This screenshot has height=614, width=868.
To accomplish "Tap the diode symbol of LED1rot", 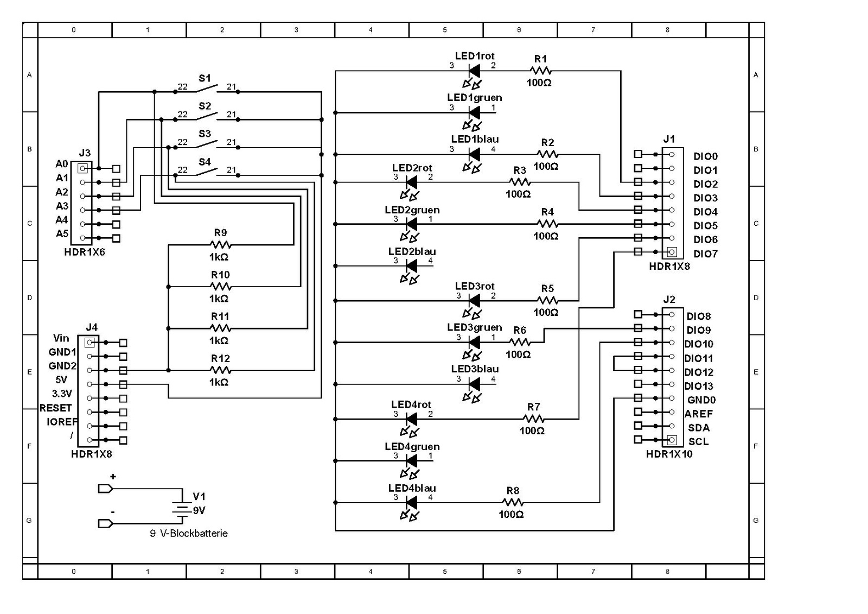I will [474, 71].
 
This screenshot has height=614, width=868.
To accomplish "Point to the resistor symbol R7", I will [533, 419].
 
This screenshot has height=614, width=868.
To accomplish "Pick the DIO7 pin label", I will [705, 254].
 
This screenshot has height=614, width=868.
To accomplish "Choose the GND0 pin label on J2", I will [701, 400].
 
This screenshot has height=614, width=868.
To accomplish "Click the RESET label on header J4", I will [55, 408].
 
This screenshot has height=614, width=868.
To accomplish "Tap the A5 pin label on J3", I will [62, 234].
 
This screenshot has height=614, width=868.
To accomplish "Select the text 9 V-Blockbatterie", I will [188, 533].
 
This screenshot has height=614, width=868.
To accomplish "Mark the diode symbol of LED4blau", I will [411, 503].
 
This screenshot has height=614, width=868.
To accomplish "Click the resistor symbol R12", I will [220, 370].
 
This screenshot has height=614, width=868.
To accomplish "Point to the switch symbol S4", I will [207, 172].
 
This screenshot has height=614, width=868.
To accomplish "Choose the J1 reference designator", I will [669, 140].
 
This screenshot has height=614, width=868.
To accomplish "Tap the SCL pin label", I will [699, 441].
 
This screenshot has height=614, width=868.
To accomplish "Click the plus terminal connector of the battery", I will [105, 489].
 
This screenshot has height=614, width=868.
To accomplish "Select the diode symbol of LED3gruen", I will [474, 342].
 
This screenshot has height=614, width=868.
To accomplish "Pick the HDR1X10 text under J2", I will [669, 454].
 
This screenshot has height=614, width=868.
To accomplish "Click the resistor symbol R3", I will [520, 182].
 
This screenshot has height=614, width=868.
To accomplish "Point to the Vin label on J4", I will [61, 338].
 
